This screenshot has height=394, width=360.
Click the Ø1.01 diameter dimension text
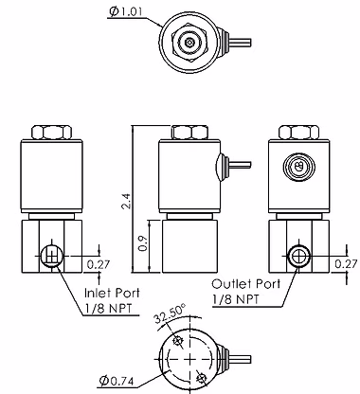[x=126, y=11]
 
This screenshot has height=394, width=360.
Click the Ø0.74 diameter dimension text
[x=116, y=381]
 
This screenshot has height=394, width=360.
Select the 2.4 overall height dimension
[x=127, y=202]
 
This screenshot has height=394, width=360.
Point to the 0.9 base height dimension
[x=144, y=243]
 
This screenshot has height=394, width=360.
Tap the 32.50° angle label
[x=171, y=314]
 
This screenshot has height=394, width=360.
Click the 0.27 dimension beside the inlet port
[x=99, y=264]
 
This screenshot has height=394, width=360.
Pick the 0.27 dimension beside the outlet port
[x=347, y=264]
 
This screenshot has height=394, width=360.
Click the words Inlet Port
[x=112, y=293]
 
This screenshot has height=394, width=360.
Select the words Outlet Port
[x=245, y=284]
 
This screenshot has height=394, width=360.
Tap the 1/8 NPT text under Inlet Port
[x=108, y=308]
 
